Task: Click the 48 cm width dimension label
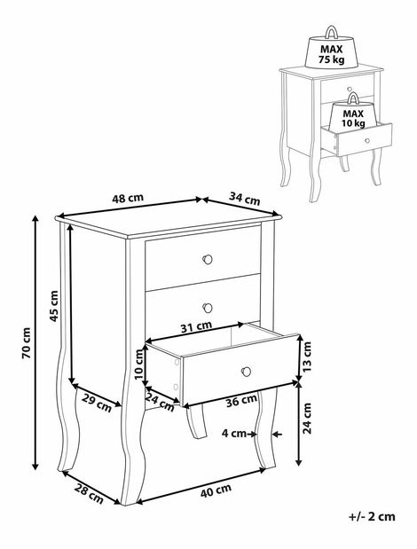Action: pyautogui.click(x=128, y=198)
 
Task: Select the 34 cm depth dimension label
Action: pyautogui.click(x=245, y=199)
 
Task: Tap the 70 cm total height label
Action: pyautogui.click(x=27, y=343)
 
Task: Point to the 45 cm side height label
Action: pyautogui.click(x=54, y=306)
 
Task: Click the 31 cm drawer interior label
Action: pyautogui.click(x=196, y=326)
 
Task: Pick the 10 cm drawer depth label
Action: pyautogui.click(x=139, y=365)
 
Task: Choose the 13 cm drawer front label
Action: pyautogui.click(x=306, y=357)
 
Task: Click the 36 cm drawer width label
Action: pyautogui.click(x=241, y=401)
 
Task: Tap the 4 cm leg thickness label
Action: pyautogui.click(x=234, y=434)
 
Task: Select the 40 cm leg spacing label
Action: pyautogui.click(x=216, y=490)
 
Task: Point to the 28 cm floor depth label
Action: pyautogui.click(x=89, y=494)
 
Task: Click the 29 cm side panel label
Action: pyautogui.click(x=97, y=403)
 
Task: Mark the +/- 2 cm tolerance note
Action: pyautogui.click(x=372, y=516)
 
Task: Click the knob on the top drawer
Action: pyautogui.click(x=208, y=260)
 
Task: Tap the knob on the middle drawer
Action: pyautogui.click(x=208, y=308)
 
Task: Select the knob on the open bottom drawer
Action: pyautogui.click(x=246, y=372)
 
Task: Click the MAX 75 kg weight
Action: pyautogui.click(x=331, y=48)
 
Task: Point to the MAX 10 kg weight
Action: pyautogui.click(x=353, y=112)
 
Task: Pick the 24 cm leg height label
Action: pyautogui.click(x=307, y=418)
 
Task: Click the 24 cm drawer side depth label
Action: pyautogui.click(x=160, y=402)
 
